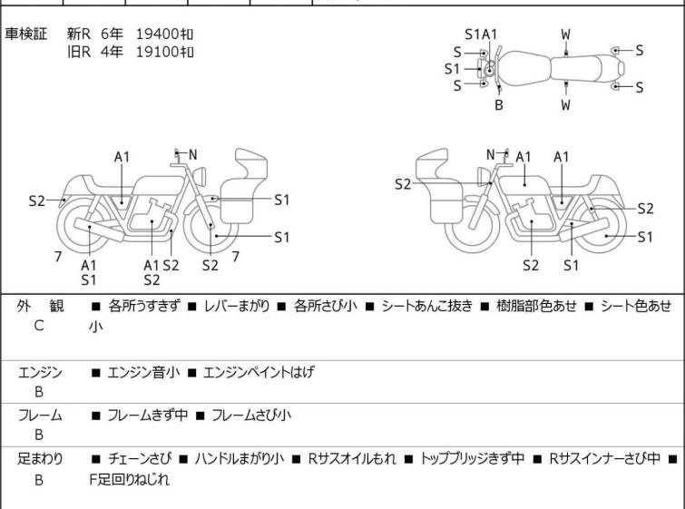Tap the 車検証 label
25,34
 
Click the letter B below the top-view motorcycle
499,105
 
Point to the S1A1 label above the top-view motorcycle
481,34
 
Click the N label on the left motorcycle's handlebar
192,154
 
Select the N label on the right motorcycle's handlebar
491,154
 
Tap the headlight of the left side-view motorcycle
200,176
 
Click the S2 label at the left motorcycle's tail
36,201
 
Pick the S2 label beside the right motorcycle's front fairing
403,184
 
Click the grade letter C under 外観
39,326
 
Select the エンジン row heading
40,373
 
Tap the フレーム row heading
40,416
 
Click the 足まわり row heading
40,459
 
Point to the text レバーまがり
237,306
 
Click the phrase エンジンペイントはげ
259,372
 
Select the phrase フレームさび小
251,415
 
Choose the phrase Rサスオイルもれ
352,459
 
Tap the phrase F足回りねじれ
130,480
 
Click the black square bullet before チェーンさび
95,459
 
